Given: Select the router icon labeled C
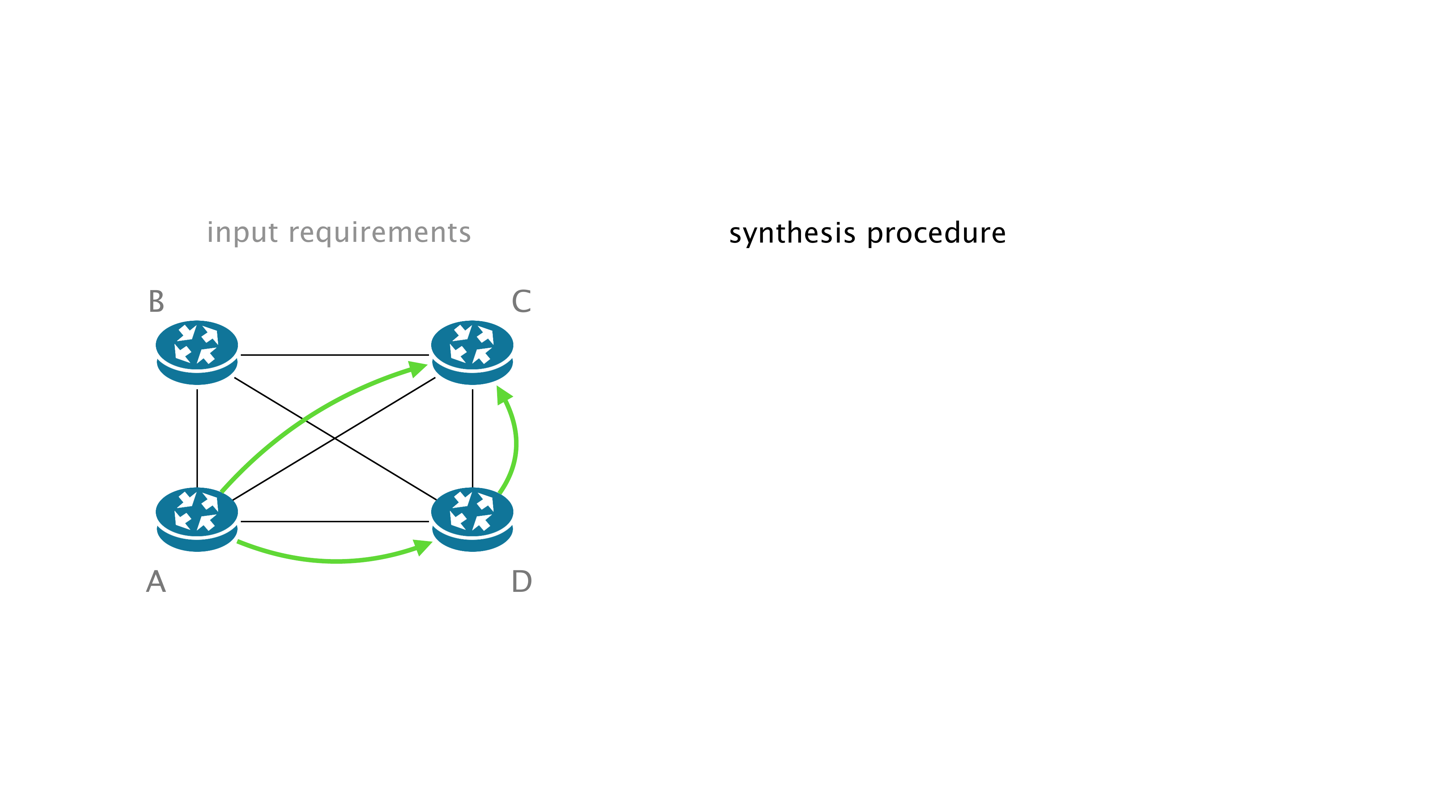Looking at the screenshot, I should point(472,352).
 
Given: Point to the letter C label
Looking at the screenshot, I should point(521,302).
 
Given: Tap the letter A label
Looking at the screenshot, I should point(156,581).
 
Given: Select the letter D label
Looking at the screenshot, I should point(521,581).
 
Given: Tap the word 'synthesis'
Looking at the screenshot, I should point(792,234).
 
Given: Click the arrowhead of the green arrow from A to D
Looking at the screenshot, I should point(424,546).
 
